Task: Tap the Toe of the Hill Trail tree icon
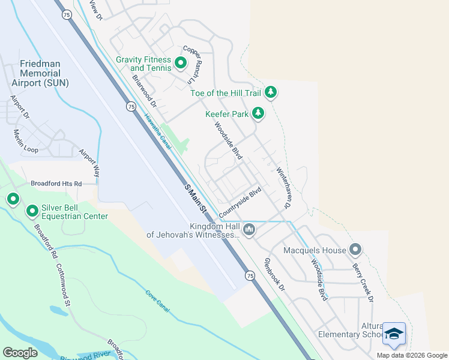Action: click(x=271, y=92)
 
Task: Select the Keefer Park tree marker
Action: click(x=258, y=113)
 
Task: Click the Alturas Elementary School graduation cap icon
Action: click(x=394, y=334)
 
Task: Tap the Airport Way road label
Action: click(x=88, y=162)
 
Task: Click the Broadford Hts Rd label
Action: click(x=56, y=184)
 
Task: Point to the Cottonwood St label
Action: click(x=64, y=285)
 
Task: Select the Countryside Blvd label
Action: click(x=241, y=203)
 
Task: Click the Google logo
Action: click(x=20, y=353)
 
